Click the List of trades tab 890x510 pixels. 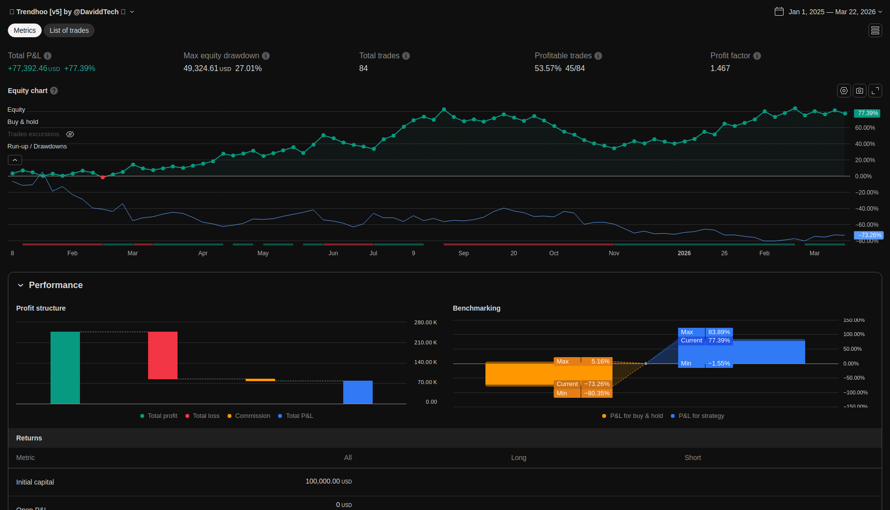point(69,30)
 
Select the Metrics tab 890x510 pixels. point(25,30)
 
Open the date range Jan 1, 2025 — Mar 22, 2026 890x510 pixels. point(832,12)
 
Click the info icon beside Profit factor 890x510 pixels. point(757,56)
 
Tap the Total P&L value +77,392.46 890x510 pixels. point(28,69)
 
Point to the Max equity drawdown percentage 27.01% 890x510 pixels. point(248,69)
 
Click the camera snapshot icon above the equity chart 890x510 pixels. point(860,91)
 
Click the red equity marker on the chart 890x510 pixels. point(102,177)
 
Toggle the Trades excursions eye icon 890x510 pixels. point(70,134)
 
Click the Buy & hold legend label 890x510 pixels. point(23,122)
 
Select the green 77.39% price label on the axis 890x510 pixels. point(867,113)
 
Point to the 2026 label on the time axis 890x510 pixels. point(684,253)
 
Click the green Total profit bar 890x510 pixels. point(65,367)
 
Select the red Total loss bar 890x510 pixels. point(163,355)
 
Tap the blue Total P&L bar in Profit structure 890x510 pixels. point(358,392)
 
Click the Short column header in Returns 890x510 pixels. point(692,458)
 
